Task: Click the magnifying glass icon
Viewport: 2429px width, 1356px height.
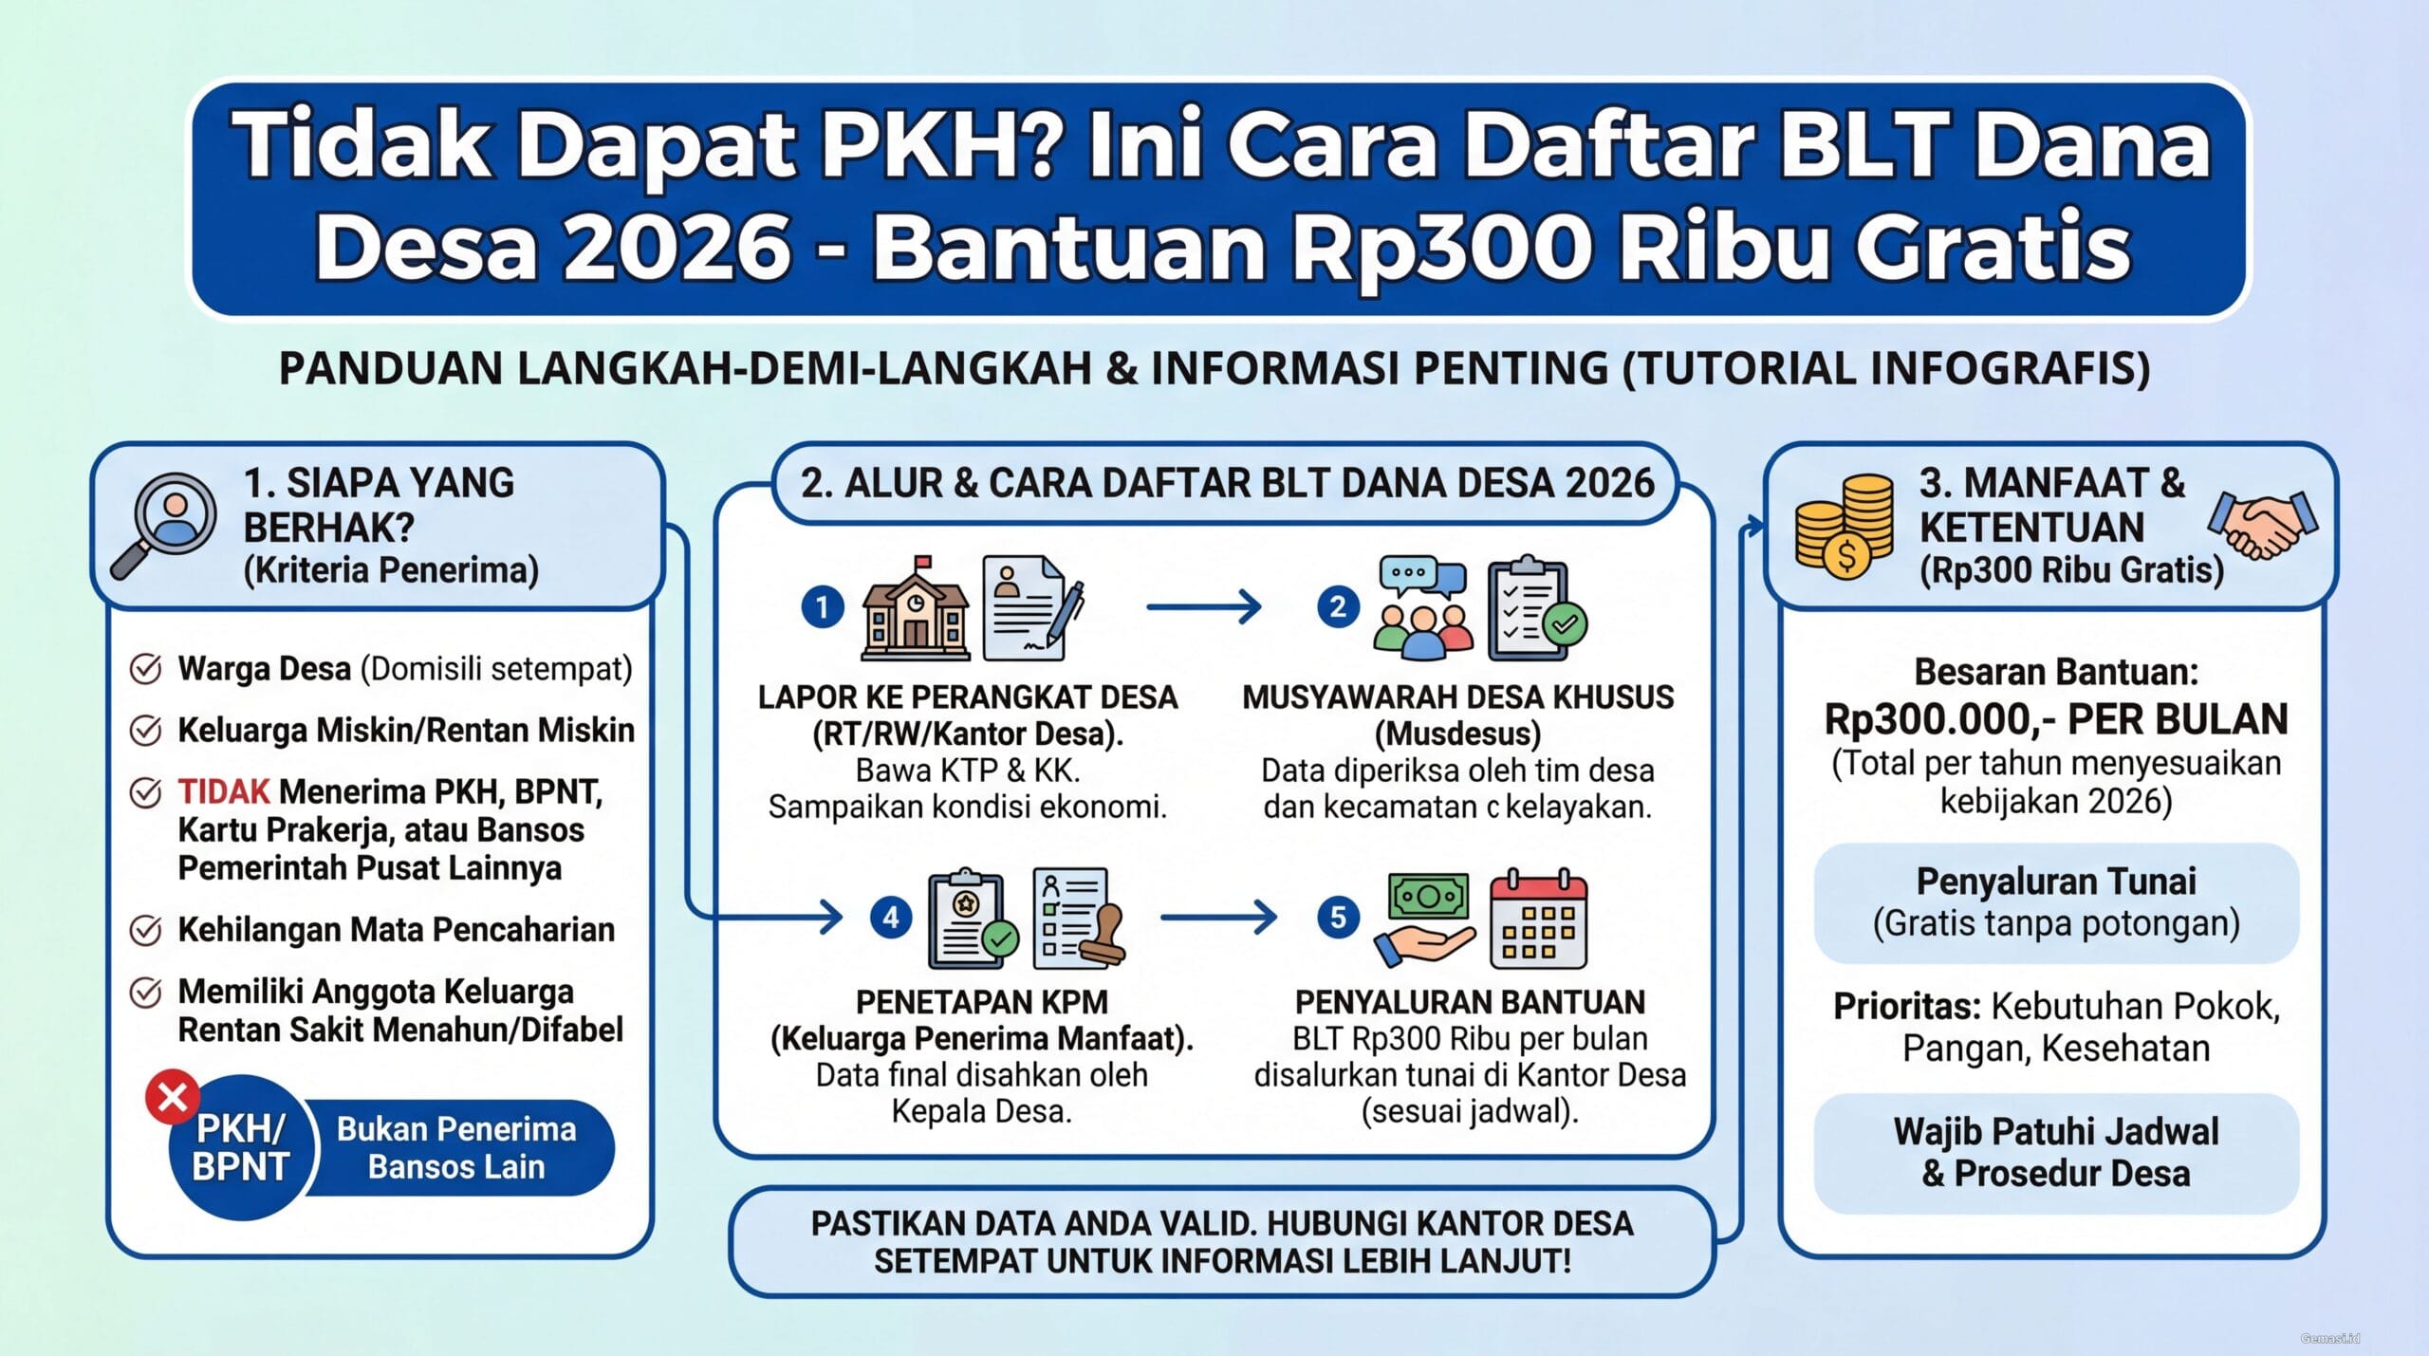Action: pyautogui.click(x=163, y=524)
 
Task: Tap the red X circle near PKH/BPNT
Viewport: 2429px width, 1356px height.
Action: pyautogui.click(x=173, y=1098)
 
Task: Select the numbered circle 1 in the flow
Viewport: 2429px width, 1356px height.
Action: pyautogui.click(x=823, y=606)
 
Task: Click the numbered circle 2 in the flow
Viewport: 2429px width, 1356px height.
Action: pyautogui.click(x=1338, y=606)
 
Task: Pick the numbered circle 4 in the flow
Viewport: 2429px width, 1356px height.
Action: pyautogui.click(x=891, y=918)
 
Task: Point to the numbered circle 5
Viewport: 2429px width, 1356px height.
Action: pyautogui.click(x=1338, y=918)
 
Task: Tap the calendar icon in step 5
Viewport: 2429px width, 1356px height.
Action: pyautogui.click(x=1538, y=919)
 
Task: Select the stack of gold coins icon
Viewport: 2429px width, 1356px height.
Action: pyautogui.click(x=1844, y=527)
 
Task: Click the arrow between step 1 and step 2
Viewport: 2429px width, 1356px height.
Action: pyautogui.click(x=1203, y=606)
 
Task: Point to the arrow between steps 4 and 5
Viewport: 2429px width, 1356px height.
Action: pyautogui.click(x=1218, y=918)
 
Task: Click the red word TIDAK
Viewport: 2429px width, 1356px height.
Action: pyautogui.click(x=224, y=791)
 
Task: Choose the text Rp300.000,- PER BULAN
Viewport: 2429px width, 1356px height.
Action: pyautogui.click(x=2056, y=719)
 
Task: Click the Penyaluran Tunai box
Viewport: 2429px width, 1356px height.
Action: pyautogui.click(x=2056, y=902)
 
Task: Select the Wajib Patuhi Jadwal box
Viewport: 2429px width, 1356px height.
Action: pyautogui.click(x=2056, y=1153)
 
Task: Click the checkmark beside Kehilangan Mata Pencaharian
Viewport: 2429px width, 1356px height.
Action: pyautogui.click(x=145, y=930)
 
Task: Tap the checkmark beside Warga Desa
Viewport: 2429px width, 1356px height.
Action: pyautogui.click(x=145, y=669)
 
